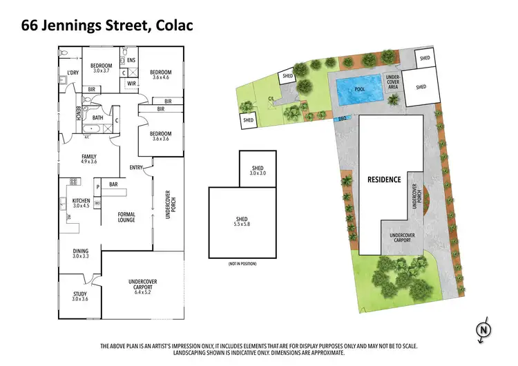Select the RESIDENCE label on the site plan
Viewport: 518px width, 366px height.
pyautogui.click(x=383, y=180)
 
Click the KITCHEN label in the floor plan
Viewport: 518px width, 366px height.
pyautogui.click(x=81, y=200)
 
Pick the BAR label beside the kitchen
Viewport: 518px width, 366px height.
pyautogui.click(x=114, y=184)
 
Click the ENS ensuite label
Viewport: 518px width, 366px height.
pyautogui.click(x=131, y=60)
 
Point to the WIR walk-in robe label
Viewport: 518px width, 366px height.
pyautogui.click(x=131, y=84)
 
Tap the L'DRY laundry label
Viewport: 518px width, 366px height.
pyautogui.click(x=73, y=73)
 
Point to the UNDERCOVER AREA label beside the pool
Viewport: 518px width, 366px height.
pyautogui.click(x=393, y=81)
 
